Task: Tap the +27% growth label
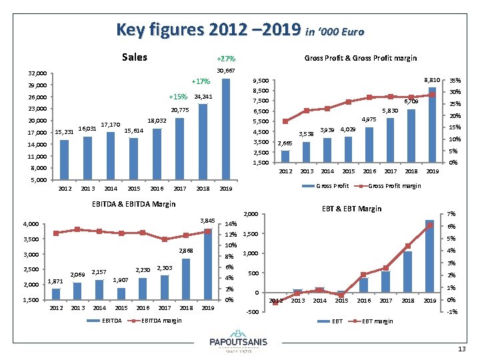coord(226,59)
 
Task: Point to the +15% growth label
coord(178,97)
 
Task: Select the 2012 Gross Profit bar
coord(285,157)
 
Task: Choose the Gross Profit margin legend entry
coord(394,185)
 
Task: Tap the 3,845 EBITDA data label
coord(207,221)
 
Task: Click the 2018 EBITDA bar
coord(186,279)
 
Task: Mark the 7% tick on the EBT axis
coord(451,213)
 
